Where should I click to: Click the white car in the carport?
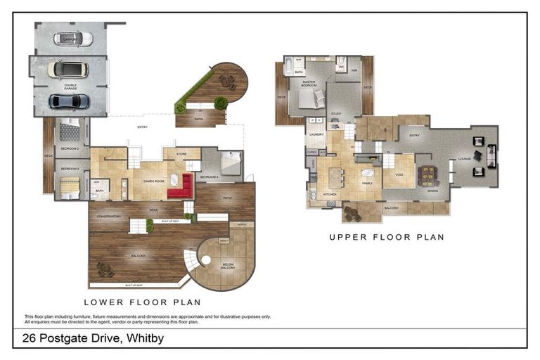pos(77,39)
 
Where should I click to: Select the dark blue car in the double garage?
pos(69,101)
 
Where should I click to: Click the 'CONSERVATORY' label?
pos(110,216)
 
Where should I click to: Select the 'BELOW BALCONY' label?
pos(228,266)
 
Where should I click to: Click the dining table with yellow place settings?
pos(427,176)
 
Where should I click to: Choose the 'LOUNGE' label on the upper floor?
pos(465,159)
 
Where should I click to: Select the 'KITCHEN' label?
pos(329,194)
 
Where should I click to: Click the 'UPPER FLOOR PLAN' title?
pos(386,238)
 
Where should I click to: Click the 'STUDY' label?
pos(336,113)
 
